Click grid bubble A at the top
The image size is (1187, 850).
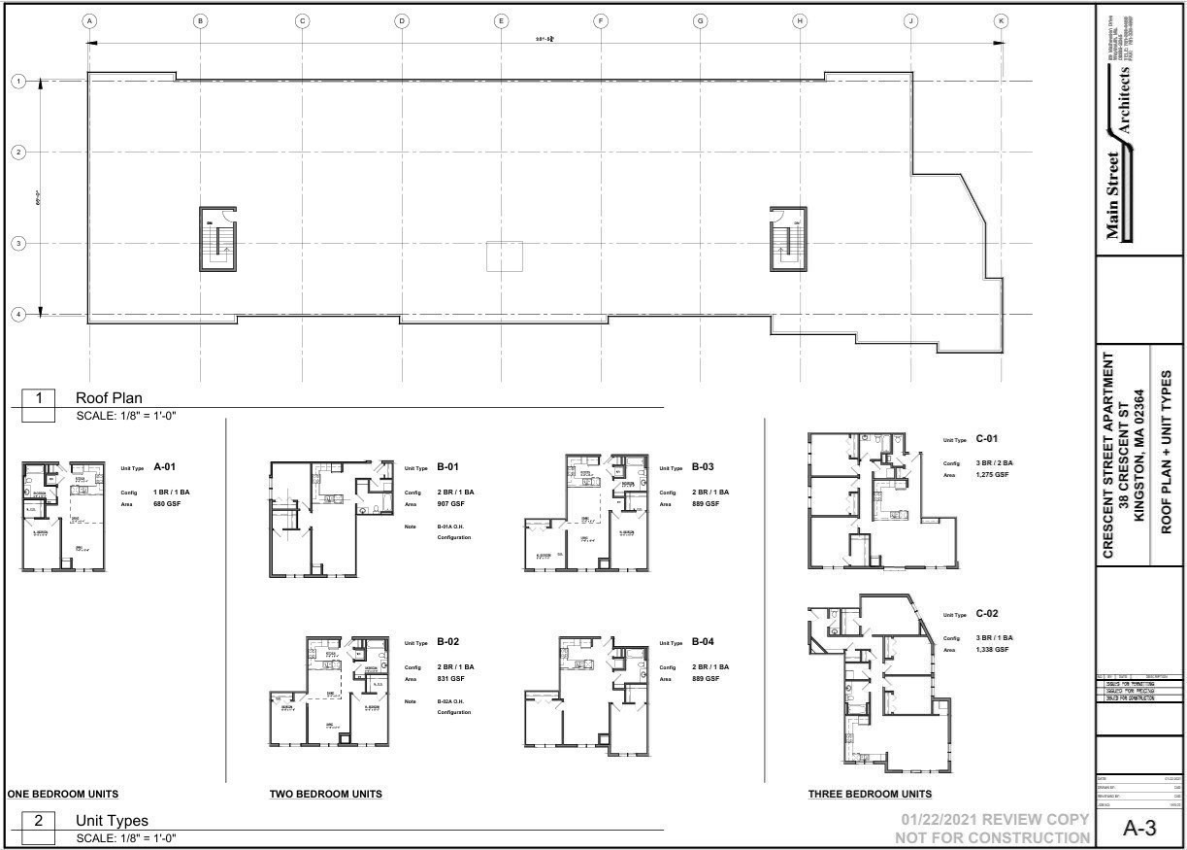(89, 20)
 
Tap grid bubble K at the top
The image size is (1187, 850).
(1001, 20)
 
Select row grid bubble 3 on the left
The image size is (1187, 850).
(17, 243)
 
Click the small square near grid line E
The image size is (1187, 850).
(504, 256)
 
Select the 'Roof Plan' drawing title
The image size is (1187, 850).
(109, 397)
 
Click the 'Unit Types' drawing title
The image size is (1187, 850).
(112, 820)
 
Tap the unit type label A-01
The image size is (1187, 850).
(164, 467)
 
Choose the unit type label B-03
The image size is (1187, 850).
(703, 467)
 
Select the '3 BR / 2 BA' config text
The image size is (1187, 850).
(994, 463)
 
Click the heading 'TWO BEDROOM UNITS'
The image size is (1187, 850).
(325, 794)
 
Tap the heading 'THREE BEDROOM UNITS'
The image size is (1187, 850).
(870, 794)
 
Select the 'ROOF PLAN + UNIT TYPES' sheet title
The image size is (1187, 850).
(1167, 452)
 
